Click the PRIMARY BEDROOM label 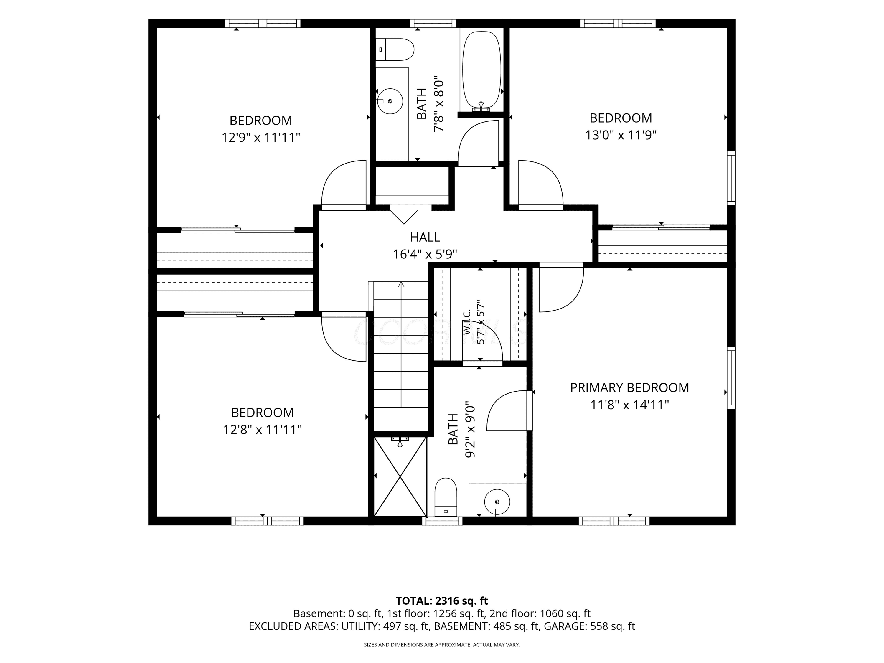pos(629,388)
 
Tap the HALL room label pos(425,238)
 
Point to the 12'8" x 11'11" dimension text pos(262,430)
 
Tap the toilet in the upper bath pos(395,50)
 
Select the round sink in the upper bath pos(390,101)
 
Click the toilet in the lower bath pos(446,497)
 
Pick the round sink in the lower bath pos(497,502)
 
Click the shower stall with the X pos(400,477)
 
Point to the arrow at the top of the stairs pos(401,285)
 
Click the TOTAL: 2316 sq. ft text pos(442,601)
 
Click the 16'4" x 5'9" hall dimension pos(425,254)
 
